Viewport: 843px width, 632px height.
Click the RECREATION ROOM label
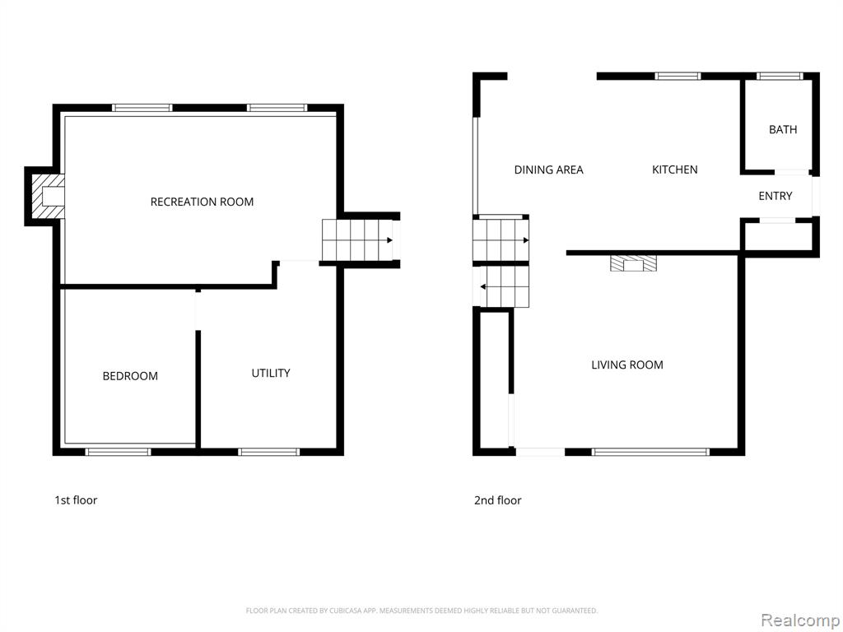click(x=202, y=202)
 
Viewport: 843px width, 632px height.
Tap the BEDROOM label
click(x=130, y=376)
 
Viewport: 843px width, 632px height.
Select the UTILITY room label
click(x=271, y=373)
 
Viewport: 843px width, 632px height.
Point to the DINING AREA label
click(x=548, y=170)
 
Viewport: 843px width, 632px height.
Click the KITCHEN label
click(x=675, y=170)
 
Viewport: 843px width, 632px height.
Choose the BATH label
click(x=783, y=129)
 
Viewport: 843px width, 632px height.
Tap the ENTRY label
click(x=775, y=196)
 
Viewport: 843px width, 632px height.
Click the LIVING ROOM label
click(x=626, y=365)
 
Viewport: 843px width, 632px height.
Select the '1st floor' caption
click(x=76, y=500)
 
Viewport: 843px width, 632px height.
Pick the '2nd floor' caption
click(x=497, y=500)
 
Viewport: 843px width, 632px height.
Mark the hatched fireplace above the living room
click(x=633, y=263)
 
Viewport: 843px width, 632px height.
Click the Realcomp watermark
click(x=799, y=620)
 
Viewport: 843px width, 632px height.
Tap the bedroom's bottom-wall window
click(x=119, y=452)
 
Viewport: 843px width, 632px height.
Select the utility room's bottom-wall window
click(x=269, y=452)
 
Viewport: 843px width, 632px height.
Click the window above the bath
click(x=780, y=77)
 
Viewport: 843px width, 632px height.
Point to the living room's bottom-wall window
click(x=650, y=452)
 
